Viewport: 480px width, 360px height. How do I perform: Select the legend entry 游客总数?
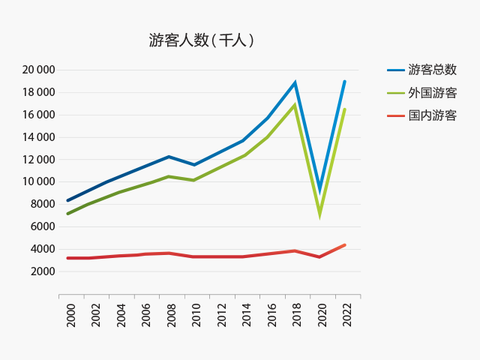[432, 70]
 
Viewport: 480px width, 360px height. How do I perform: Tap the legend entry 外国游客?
[432, 93]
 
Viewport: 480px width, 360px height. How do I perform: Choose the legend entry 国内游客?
[432, 115]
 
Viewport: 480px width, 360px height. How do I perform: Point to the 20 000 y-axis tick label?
[38, 70]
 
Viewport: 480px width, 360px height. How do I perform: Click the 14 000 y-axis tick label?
[38, 137]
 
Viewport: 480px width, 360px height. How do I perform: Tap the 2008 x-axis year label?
[171, 315]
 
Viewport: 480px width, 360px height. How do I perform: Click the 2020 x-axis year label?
[321, 315]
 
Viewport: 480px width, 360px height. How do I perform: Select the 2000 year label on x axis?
[70, 315]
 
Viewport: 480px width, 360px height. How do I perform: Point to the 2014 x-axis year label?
[246, 315]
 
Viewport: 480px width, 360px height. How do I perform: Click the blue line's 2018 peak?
[295, 82]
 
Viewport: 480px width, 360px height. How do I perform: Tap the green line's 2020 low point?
[320, 214]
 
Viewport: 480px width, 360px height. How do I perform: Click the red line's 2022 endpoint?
[344, 245]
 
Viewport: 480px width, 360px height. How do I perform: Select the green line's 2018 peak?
[295, 105]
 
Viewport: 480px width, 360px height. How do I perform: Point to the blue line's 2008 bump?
[169, 157]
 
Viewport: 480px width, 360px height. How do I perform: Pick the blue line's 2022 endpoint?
[344, 82]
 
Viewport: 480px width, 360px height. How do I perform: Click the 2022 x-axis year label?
[346, 315]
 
